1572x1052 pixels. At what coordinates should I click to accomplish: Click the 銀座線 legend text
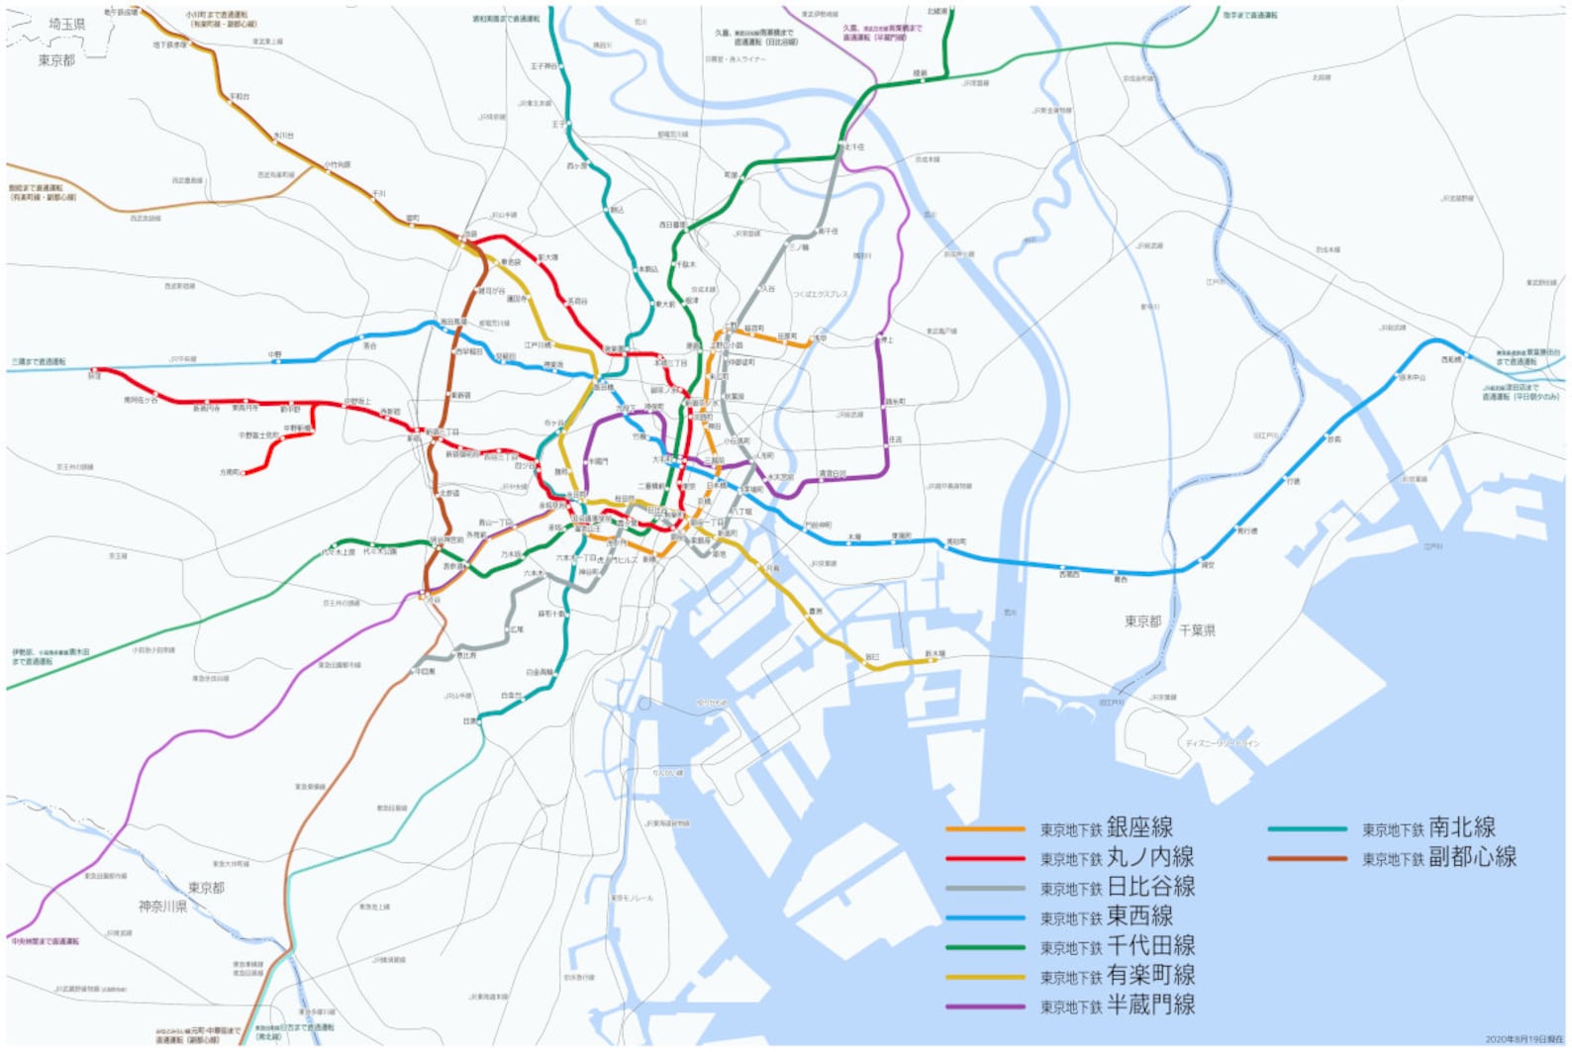1139,827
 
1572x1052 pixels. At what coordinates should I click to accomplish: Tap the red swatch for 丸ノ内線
985,858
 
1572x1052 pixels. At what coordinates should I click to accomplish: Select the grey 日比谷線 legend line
985,888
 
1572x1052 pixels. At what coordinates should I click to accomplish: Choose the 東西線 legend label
1139,916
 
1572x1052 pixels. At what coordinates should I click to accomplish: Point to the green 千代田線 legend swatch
985,947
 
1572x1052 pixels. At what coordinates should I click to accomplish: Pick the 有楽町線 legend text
1150,976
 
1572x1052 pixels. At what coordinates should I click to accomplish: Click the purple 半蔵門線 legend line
985,1006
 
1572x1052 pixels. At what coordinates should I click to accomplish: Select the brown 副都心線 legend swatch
1307,858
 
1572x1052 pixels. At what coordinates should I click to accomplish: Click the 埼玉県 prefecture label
67,24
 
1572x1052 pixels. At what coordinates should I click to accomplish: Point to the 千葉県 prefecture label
1197,630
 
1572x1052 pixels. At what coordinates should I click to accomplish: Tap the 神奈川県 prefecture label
162,906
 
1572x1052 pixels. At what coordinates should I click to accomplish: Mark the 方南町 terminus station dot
245,473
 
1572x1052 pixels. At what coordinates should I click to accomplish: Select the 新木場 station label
934,653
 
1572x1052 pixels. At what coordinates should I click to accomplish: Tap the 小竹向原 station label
338,164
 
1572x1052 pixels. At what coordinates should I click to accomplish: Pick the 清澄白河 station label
832,473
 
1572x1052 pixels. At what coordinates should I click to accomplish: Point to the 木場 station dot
852,542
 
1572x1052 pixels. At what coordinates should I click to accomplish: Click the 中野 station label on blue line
274,353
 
